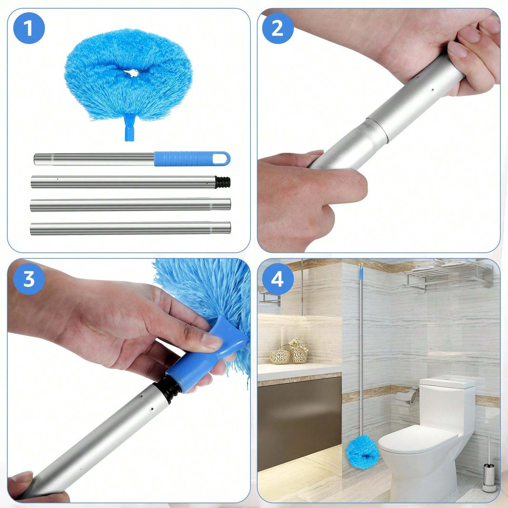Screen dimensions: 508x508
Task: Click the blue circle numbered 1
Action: click(x=29, y=28)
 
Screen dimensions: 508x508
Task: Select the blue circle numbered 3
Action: click(x=29, y=279)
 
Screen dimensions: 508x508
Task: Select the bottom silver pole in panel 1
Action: click(x=130, y=228)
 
